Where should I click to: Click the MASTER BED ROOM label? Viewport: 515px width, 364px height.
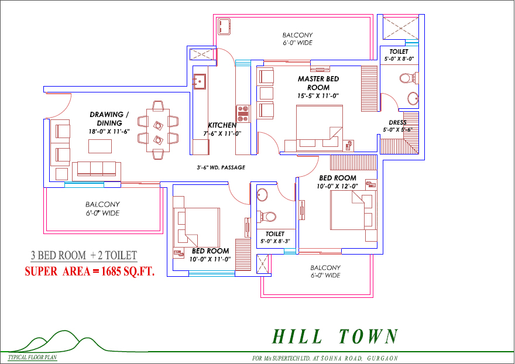point(318,83)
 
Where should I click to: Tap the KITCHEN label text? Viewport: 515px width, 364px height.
point(222,125)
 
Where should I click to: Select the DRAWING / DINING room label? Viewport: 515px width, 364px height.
point(109,119)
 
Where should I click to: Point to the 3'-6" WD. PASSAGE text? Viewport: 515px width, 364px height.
point(221,167)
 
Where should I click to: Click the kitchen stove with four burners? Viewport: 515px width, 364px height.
point(243,114)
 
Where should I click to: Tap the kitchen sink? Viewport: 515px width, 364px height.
point(200,81)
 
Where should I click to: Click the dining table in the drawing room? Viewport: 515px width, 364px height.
point(158,131)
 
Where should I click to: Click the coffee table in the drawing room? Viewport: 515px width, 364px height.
point(100,146)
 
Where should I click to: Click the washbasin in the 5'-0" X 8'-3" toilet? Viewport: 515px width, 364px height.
point(262,194)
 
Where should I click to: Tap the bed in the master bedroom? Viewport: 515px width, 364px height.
point(320,128)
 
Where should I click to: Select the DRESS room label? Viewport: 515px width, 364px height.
point(397,122)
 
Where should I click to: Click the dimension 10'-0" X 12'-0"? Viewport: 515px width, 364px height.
point(337,186)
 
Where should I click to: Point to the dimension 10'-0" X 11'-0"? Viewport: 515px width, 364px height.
point(210,259)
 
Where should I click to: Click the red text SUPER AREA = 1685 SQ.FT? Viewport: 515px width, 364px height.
point(90,272)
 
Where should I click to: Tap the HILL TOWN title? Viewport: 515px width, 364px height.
point(335,336)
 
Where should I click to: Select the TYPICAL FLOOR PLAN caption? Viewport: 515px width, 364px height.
point(33,358)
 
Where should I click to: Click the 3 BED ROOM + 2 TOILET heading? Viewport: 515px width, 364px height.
point(84,255)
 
